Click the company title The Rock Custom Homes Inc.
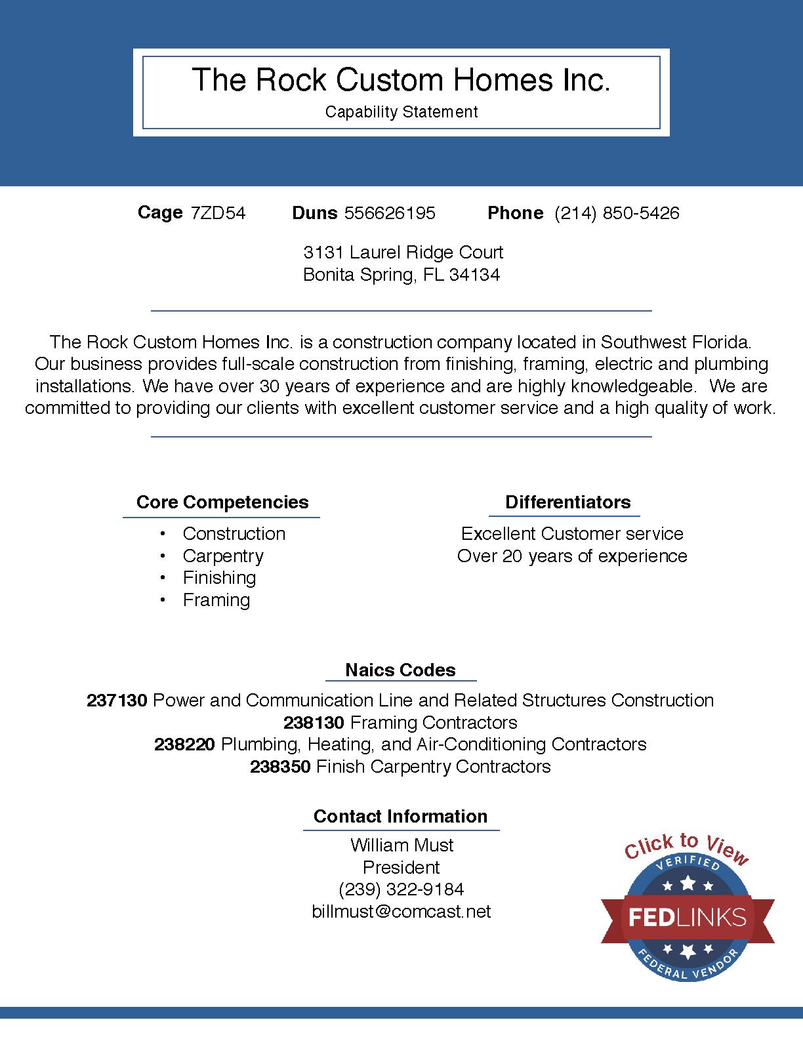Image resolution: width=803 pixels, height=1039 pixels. pyautogui.click(x=401, y=79)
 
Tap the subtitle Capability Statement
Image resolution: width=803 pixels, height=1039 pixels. pyautogui.click(x=401, y=112)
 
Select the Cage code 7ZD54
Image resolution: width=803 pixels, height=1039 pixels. pyautogui.click(x=218, y=213)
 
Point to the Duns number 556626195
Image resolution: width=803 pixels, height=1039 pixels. pyautogui.click(x=390, y=213)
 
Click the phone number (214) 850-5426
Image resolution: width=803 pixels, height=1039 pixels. pyautogui.click(x=617, y=213)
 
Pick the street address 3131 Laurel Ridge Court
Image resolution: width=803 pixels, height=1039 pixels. pyautogui.click(x=403, y=253)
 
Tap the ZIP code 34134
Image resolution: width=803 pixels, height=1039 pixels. pyautogui.click(x=474, y=275)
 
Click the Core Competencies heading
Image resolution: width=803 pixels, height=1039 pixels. pyautogui.click(x=222, y=502)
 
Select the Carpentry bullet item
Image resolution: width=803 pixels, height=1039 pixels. pyautogui.click(x=223, y=556)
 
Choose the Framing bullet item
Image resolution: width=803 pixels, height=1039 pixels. pyautogui.click(x=216, y=600)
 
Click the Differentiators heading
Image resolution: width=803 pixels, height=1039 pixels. pyautogui.click(x=567, y=502)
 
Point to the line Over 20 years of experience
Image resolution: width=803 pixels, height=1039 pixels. pyautogui.click(x=572, y=556)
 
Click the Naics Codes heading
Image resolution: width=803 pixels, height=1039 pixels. pyautogui.click(x=400, y=670)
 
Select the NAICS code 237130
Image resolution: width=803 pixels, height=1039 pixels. pyautogui.click(x=117, y=701)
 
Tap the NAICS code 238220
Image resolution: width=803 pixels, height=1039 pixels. pyautogui.click(x=184, y=744)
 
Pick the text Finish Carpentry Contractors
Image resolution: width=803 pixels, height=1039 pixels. pyautogui.click(x=433, y=767)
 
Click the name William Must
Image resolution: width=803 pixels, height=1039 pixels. pyautogui.click(x=401, y=845)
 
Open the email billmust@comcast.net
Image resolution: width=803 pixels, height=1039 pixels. pyautogui.click(x=401, y=912)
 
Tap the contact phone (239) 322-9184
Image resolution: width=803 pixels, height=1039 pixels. pyautogui.click(x=401, y=889)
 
